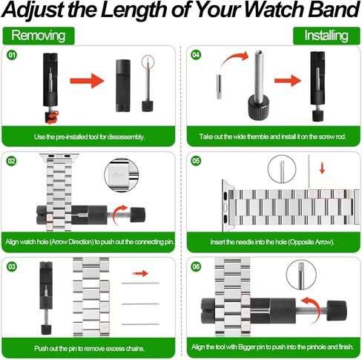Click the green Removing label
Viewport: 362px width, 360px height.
(x=37, y=36)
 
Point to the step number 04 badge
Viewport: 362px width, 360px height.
(x=195, y=56)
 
